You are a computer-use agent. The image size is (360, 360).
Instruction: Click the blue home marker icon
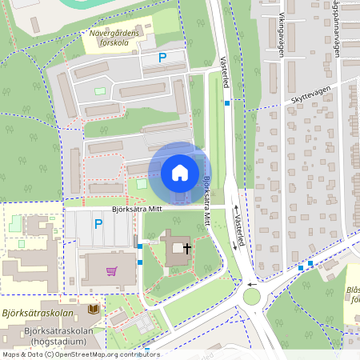(179, 172)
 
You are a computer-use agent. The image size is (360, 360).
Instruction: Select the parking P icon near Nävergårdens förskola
(162, 58)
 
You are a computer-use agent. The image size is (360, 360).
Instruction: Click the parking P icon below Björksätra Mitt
(98, 225)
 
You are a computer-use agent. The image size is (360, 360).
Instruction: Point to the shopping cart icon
(111, 271)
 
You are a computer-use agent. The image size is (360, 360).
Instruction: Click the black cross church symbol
(187, 249)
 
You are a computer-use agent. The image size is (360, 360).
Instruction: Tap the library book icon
(94, 308)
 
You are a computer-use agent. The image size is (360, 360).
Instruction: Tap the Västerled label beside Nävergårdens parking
(223, 72)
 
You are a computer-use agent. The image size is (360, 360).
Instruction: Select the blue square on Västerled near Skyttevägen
(228, 103)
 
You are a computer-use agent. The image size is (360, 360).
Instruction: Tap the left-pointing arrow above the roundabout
(251, 283)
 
